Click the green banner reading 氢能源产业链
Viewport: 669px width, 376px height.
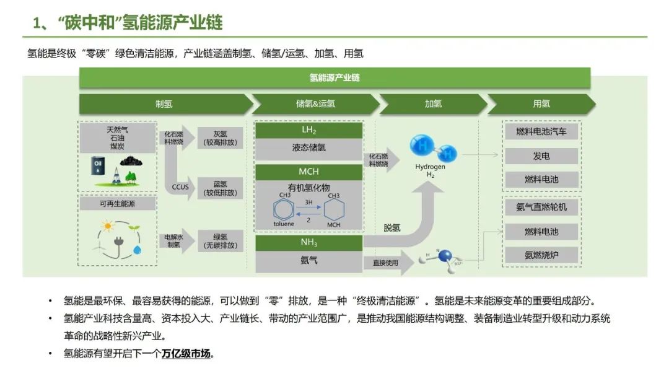pos(334,78)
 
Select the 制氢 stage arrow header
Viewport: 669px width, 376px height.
pos(164,104)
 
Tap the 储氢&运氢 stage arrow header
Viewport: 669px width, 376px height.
pos(315,104)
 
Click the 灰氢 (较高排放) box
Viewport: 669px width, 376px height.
pos(220,138)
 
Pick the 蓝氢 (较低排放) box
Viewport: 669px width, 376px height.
pos(220,188)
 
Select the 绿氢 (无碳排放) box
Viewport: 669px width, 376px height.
pos(220,240)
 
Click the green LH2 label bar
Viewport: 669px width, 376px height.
pos(308,130)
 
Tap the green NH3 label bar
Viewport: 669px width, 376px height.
pos(308,243)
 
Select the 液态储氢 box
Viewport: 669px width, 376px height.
pos(308,149)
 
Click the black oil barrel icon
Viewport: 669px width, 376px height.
pos(98,165)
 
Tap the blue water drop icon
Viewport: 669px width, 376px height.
pos(136,250)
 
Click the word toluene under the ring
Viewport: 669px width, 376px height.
pos(284,224)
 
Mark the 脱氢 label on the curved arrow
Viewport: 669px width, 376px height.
pos(391,228)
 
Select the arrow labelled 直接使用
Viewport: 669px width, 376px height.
pos(387,263)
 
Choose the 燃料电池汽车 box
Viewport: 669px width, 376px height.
pos(541,131)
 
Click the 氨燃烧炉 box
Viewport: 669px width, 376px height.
pos(541,255)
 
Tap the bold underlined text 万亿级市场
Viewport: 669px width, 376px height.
pos(186,354)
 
